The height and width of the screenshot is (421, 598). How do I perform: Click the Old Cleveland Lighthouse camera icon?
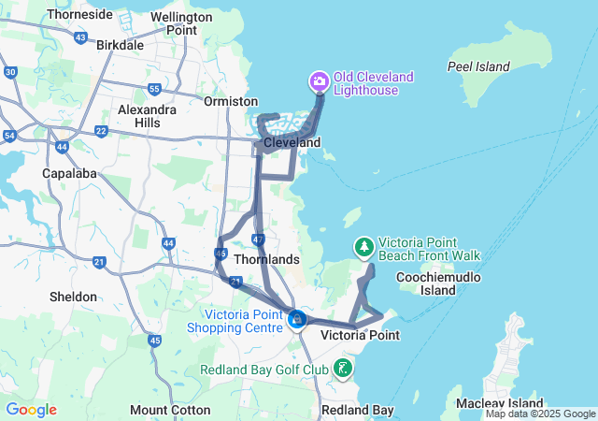320,81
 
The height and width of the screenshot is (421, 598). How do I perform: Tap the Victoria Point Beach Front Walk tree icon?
363,247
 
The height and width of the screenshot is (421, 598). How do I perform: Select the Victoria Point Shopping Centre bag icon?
297,320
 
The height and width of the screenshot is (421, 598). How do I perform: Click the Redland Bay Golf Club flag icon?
344,368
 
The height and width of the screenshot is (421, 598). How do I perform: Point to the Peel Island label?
478,66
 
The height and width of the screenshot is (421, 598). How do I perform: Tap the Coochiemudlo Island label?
438,283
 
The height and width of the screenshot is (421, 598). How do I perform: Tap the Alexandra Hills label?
147,116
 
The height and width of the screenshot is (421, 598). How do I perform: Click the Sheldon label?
73,297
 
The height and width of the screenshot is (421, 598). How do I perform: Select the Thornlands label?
266,259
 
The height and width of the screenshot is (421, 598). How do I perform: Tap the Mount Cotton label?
163,410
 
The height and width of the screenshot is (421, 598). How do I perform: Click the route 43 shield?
81,39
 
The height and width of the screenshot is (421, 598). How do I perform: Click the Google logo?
31,410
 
